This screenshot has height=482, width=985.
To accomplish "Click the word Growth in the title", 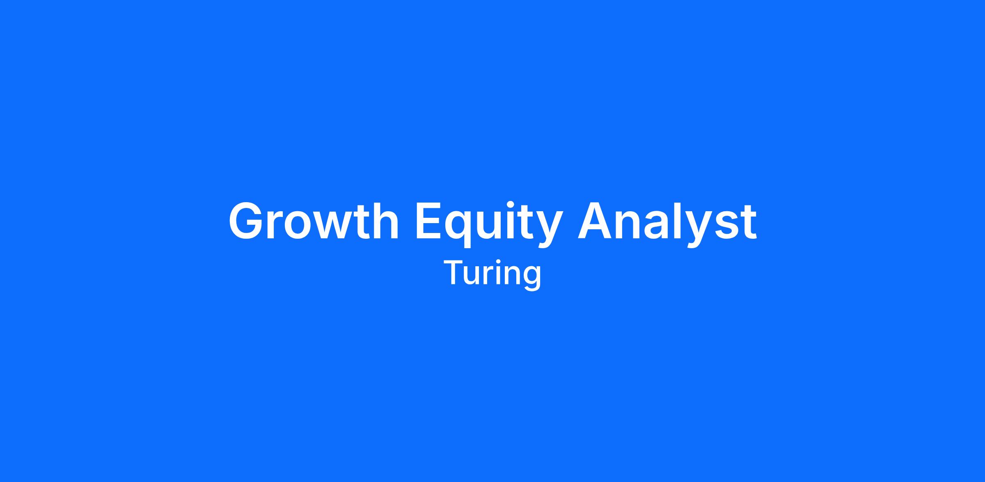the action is pyautogui.click(x=314, y=221).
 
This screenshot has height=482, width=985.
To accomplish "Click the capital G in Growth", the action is pyautogui.click(x=247, y=221).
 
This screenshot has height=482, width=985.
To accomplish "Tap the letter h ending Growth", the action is pyautogui.click(x=385, y=221).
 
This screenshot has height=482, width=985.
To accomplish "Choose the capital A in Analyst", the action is pyautogui.click(x=596, y=221).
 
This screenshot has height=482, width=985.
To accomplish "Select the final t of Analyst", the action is pyautogui.click(x=749, y=222).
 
